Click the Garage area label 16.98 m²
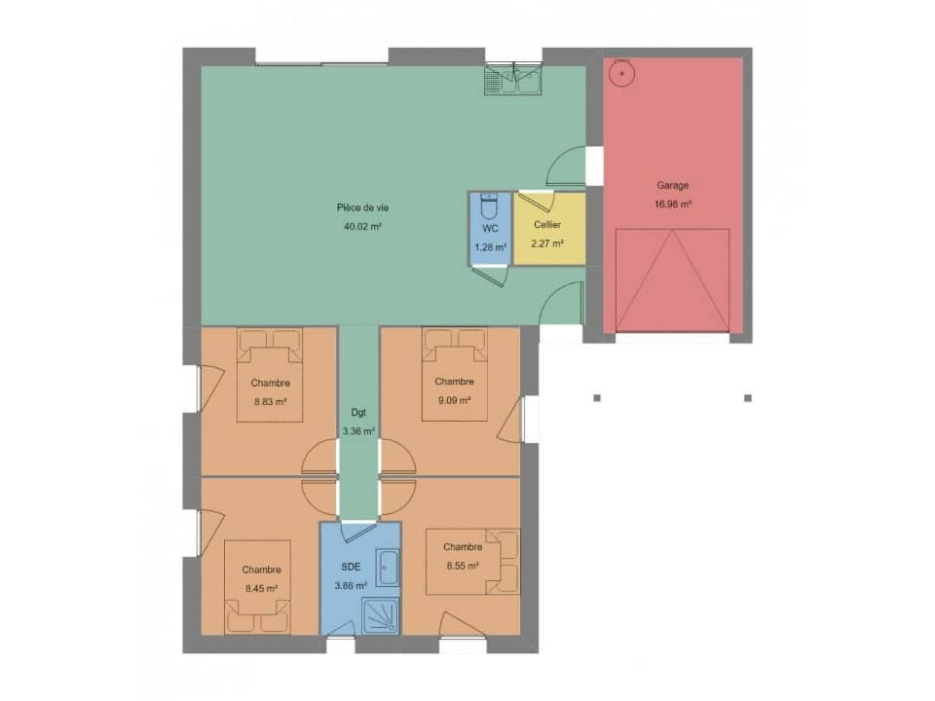[673, 204]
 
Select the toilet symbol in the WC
[490, 207]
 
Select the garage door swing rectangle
[673, 280]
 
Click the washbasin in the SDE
[387, 569]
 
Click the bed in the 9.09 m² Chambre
[454, 375]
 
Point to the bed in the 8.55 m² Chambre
[471, 562]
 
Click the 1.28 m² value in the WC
[490, 247]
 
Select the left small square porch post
[597, 397]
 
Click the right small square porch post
[748, 397]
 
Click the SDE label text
[351, 566]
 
